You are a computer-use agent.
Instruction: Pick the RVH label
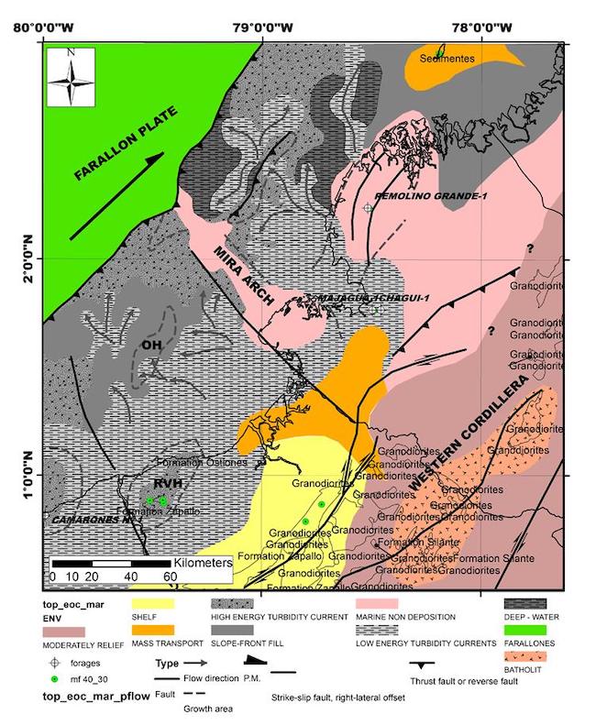pyautogui.click(x=166, y=484)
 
